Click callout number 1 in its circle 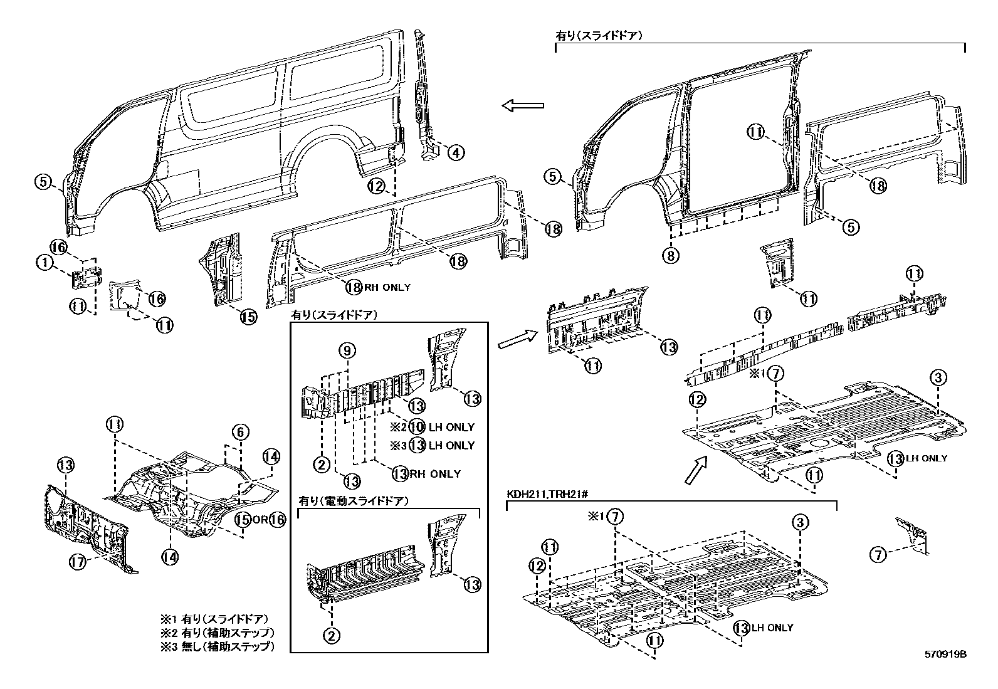tap(45, 263)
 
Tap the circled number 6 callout tap(241, 431)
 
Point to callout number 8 tap(671, 255)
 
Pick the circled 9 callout tap(349, 350)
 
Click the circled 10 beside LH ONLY tap(417, 427)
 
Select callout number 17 tap(77, 562)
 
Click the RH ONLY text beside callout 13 tap(435, 474)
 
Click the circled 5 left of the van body tap(43, 182)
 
